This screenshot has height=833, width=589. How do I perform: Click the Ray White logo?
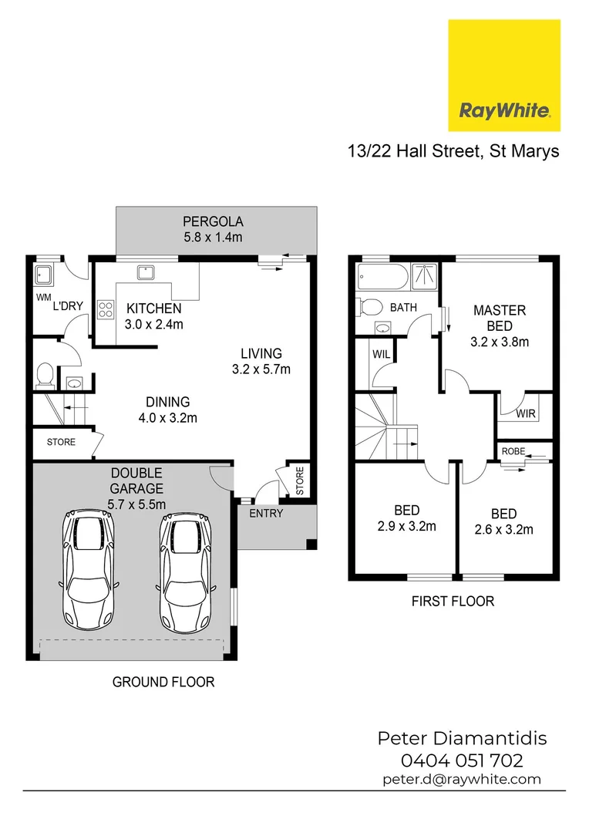504,75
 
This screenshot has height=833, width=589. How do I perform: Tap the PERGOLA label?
213,221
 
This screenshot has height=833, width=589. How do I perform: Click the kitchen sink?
145,271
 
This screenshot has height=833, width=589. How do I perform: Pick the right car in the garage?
185,570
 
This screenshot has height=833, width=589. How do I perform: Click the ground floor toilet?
44,376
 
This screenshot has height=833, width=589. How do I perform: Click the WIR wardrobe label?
526,413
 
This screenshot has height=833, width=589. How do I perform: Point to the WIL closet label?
382,356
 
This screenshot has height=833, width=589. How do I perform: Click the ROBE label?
513,450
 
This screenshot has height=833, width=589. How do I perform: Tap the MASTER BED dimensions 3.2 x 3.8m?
500,341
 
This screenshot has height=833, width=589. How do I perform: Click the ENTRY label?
267,513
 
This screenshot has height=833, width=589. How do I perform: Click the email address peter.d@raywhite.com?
462,779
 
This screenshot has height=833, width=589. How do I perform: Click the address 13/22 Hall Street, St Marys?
453,151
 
